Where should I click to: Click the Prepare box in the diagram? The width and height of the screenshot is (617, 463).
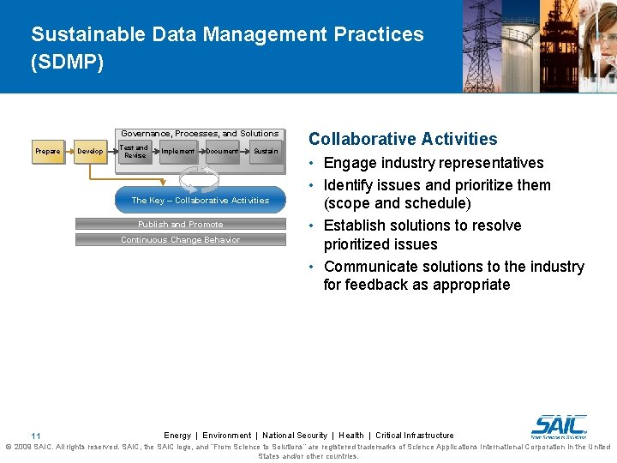pyautogui.click(x=48, y=152)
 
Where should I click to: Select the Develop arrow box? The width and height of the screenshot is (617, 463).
pyautogui.click(x=90, y=152)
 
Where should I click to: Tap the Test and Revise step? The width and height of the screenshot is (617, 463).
pyautogui.click(x=135, y=152)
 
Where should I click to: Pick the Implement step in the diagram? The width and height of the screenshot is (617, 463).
pyautogui.click(x=178, y=152)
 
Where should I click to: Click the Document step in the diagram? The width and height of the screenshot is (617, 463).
pyautogui.click(x=222, y=152)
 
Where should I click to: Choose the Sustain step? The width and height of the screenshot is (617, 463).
pyautogui.click(x=265, y=152)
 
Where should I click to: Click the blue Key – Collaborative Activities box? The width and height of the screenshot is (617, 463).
pyautogui.click(x=201, y=200)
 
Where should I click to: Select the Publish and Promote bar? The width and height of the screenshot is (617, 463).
pyautogui.click(x=181, y=225)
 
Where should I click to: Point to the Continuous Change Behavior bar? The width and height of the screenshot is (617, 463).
pyautogui.click(x=181, y=240)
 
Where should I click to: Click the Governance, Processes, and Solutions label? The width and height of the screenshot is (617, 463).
pyautogui.click(x=200, y=134)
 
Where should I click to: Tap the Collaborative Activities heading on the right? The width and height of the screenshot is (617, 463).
pyautogui.click(x=403, y=139)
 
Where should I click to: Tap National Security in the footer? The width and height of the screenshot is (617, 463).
pyautogui.click(x=295, y=436)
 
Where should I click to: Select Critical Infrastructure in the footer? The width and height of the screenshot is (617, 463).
pyautogui.click(x=415, y=436)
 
